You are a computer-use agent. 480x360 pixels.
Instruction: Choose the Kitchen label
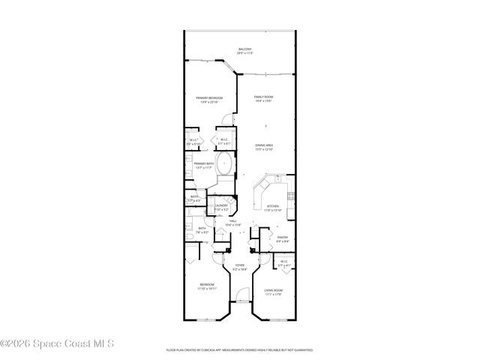pos(272,207)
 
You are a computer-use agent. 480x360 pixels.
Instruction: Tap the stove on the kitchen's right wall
pos(292,199)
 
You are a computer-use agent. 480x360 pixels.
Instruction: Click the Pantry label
pos(283,239)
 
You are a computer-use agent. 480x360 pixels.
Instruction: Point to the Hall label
pos(232,222)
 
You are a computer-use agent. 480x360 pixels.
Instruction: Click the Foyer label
pos(240,265)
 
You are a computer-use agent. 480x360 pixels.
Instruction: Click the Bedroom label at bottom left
pos(206,286)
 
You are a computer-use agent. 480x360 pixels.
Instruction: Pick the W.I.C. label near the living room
pos(284,263)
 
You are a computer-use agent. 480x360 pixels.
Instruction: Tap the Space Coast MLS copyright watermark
pos(58,343)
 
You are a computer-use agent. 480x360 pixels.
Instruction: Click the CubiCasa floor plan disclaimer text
pos(239,349)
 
